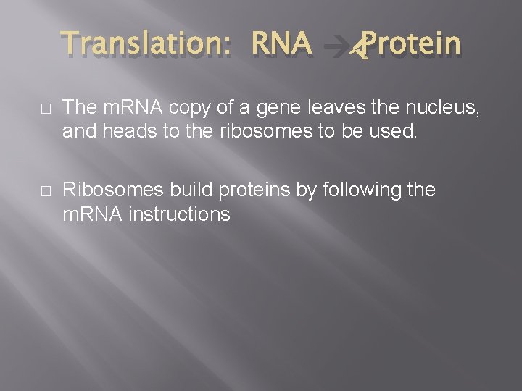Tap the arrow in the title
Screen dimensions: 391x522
(x=338, y=47)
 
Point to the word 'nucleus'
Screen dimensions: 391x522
(x=442, y=109)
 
